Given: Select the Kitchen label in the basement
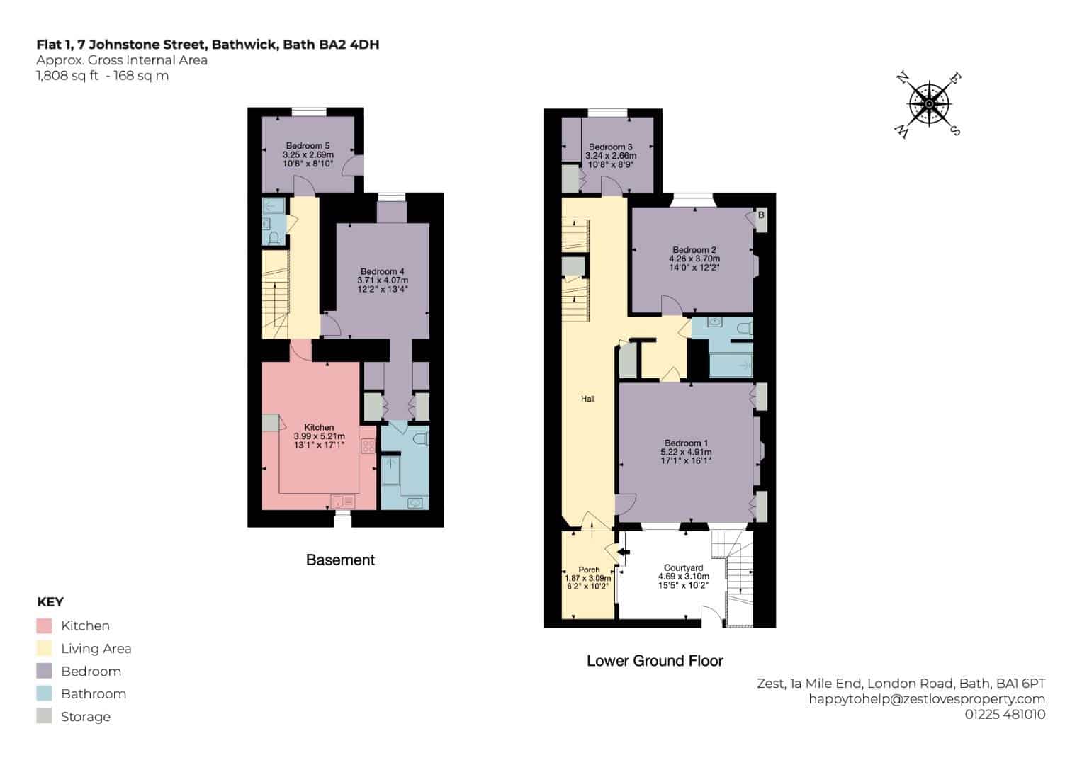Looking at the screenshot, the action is click(x=319, y=427).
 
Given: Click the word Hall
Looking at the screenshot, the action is click(x=588, y=399).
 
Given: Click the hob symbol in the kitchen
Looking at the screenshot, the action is click(x=368, y=446).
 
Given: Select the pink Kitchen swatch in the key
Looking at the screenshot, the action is click(x=44, y=625).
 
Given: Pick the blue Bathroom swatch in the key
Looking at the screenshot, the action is click(x=44, y=693).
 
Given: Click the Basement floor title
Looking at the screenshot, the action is click(x=341, y=560).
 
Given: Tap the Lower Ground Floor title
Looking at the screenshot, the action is click(x=655, y=661).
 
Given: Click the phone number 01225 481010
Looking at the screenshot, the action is click(x=1005, y=714).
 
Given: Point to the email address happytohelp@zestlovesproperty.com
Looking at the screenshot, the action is click(x=927, y=699).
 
